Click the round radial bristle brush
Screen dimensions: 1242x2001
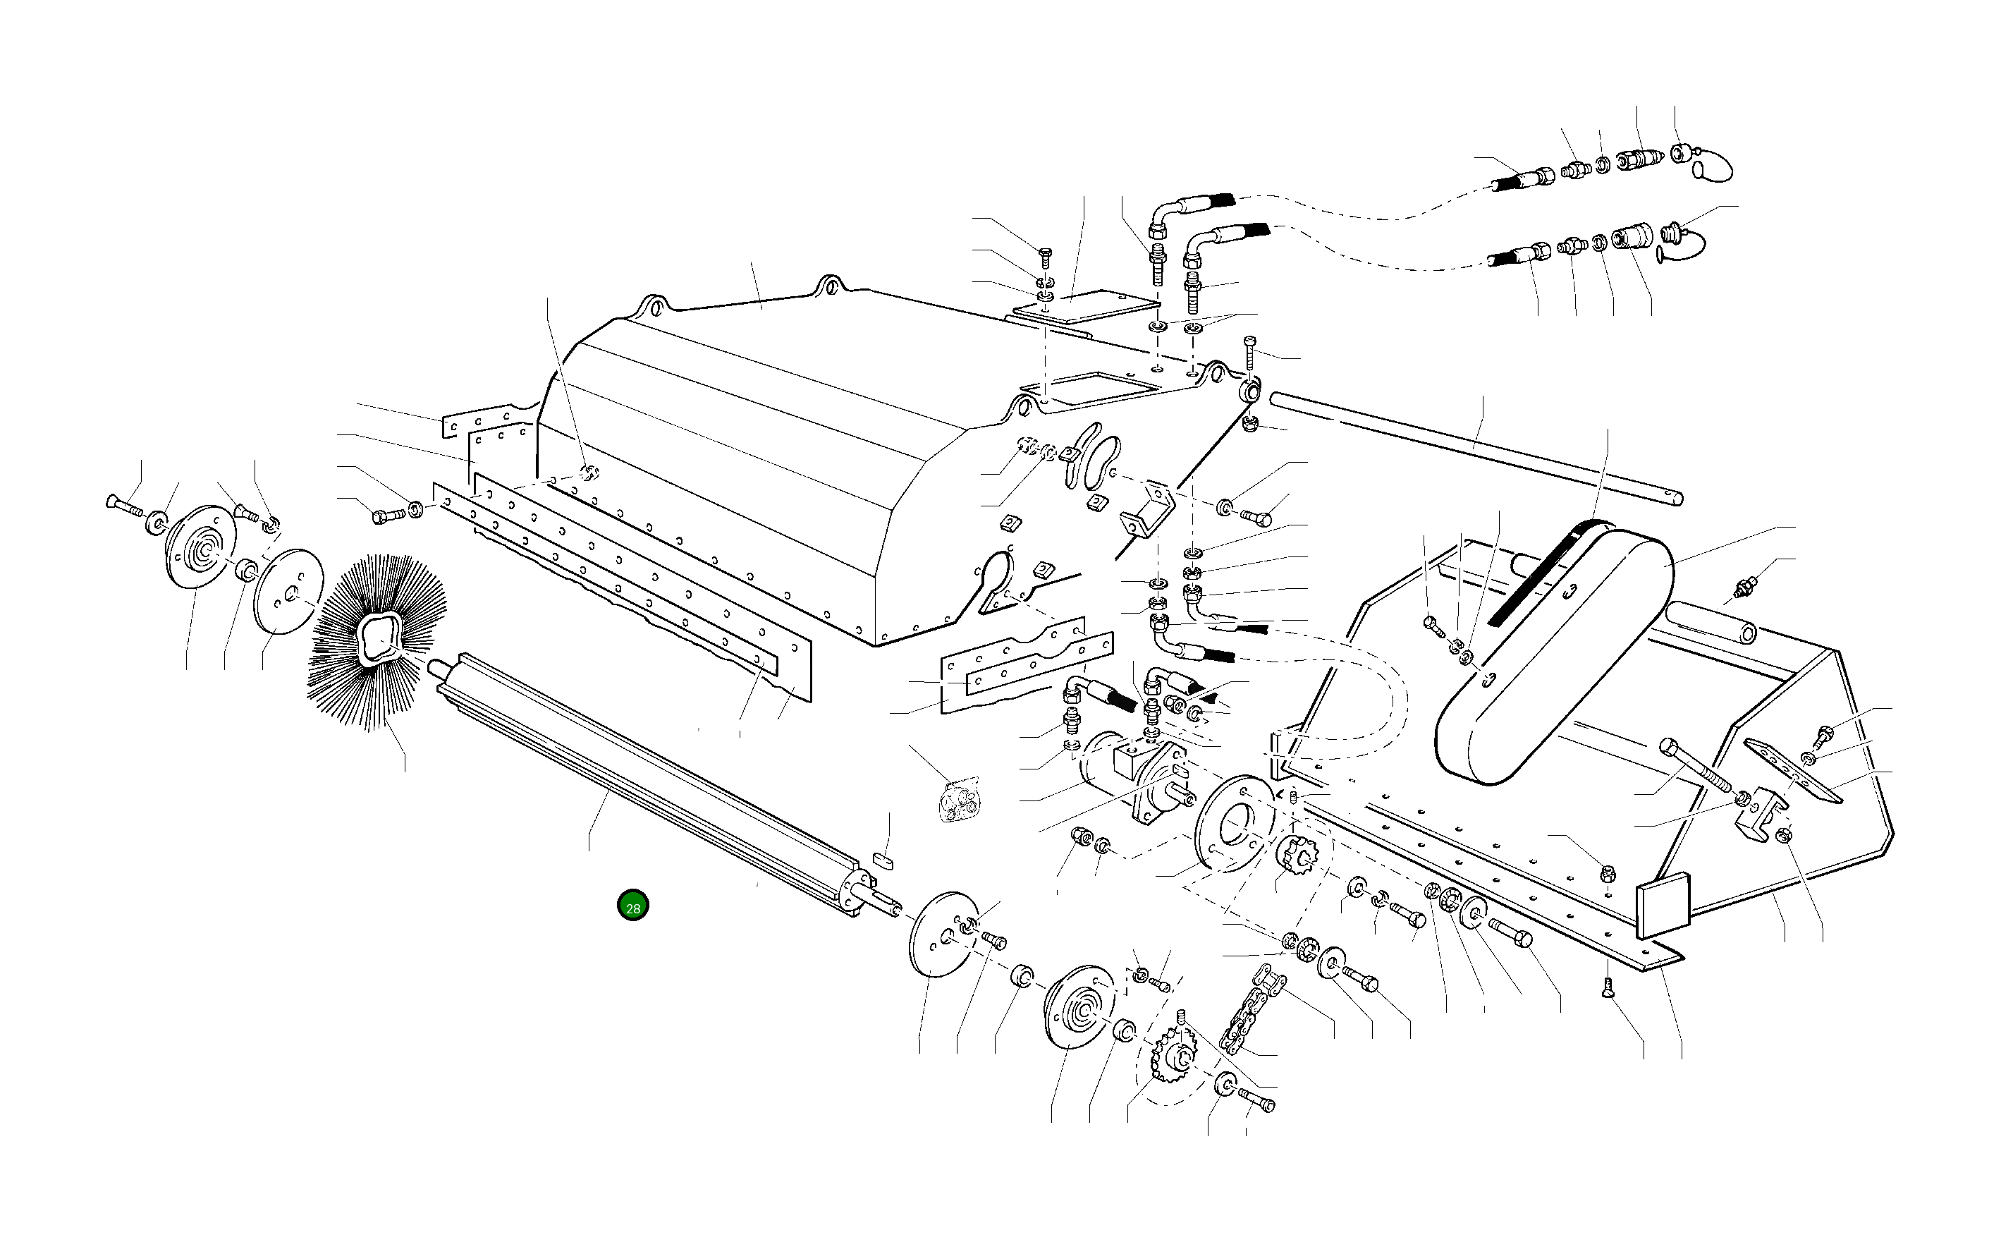(378, 640)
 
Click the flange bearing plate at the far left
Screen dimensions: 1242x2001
(200, 547)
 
